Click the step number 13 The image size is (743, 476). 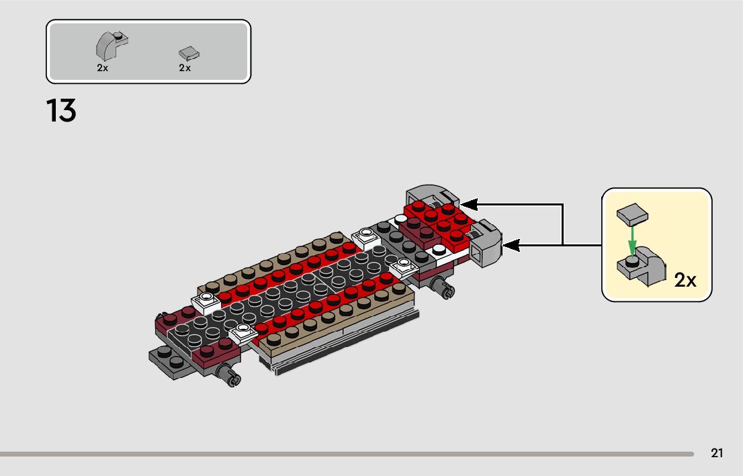coord(61,111)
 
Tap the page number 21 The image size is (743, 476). coord(717,453)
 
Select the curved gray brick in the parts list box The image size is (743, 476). coord(110,47)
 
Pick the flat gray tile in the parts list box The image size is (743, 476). coord(189,53)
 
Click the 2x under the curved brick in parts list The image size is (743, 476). coord(102,68)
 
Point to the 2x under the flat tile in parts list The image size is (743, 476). coord(185,68)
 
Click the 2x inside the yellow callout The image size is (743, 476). coord(685,280)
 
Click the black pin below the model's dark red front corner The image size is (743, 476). coord(232,377)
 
